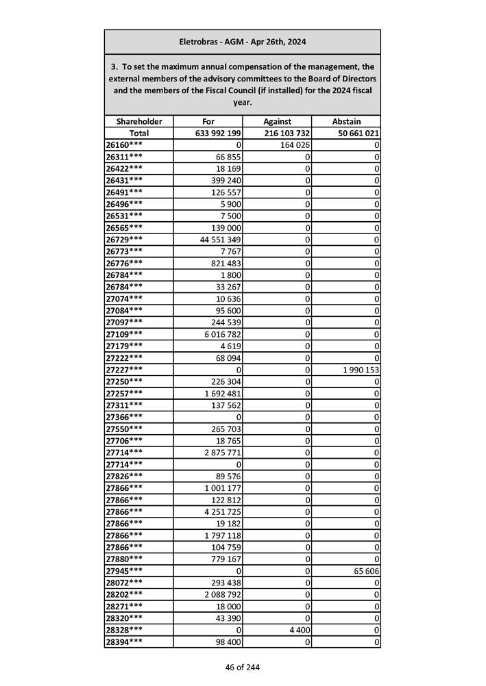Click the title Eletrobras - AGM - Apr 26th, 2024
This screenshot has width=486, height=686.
[242, 42]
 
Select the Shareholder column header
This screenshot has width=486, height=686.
[139, 121]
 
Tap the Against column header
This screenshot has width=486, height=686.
[278, 121]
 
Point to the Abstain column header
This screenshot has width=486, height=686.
[346, 121]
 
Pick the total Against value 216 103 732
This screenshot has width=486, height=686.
[287, 134]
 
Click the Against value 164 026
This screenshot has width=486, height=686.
[295, 145]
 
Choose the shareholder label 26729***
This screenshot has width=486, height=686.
[125, 239]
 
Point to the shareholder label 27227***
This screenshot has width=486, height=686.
[125, 370]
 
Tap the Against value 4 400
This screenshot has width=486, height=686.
[300, 629]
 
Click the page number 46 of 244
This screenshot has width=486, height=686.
[242, 667]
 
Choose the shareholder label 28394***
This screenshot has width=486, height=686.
[125, 641]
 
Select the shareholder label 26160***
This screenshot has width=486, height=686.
[125, 145]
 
